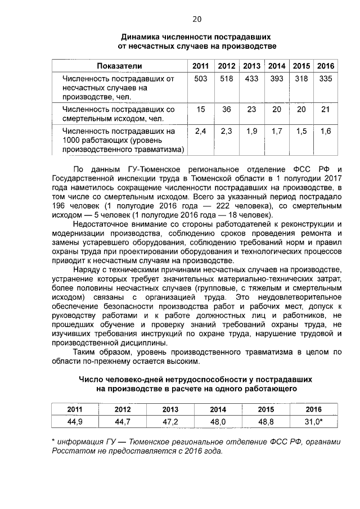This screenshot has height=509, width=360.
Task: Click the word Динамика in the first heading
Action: (x=144, y=35)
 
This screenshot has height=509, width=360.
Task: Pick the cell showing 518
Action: (x=226, y=79)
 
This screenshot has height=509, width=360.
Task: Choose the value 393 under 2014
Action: (x=277, y=79)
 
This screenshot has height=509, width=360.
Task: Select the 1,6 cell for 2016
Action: (x=325, y=131)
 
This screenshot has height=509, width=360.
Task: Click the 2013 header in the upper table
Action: (x=251, y=66)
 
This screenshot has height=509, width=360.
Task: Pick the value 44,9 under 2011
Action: (x=75, y=421)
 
